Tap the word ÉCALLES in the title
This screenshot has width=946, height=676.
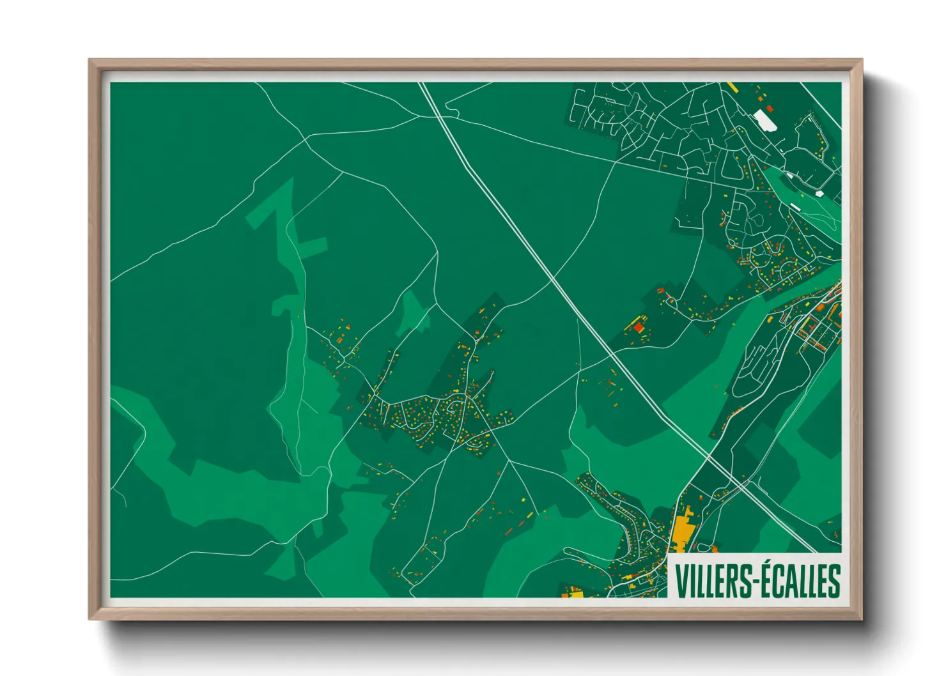(801, 581)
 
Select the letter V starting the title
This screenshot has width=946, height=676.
(680, 581)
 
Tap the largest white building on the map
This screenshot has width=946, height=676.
(764, 120)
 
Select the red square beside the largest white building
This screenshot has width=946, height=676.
(770, 109)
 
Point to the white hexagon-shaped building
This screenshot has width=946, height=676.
(820, 192)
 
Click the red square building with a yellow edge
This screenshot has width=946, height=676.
(638, 327)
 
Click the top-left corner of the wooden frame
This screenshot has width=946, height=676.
(90, 61)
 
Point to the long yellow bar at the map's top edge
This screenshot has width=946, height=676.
(733, 86)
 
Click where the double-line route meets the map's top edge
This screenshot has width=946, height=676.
(422, 83)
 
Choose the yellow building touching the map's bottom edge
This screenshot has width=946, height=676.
(575, 594)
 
